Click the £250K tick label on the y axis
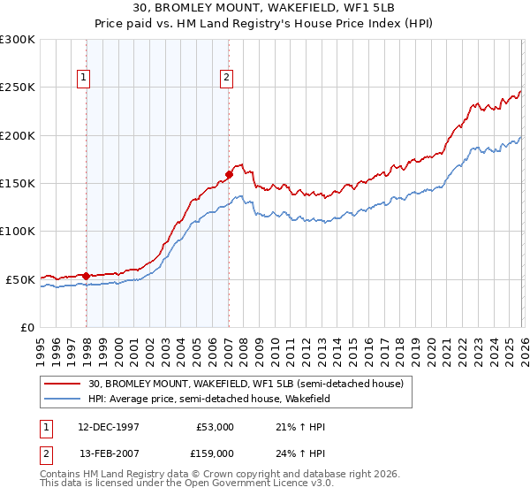point(18,88)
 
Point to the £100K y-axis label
point(18,232)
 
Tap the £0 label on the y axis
point(27,327)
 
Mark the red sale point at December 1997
point(86,276)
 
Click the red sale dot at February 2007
point(229,174)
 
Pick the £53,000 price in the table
point(212,426)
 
